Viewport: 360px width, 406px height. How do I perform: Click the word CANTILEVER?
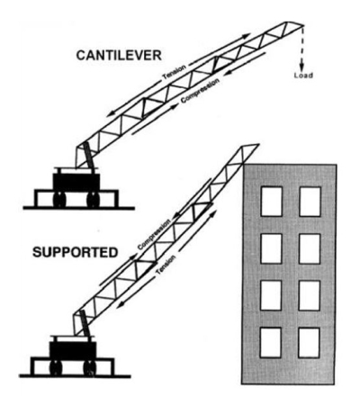point(119,56)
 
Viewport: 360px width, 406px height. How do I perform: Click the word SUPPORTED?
point(75,252)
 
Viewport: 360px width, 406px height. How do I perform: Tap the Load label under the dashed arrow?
point(303,76)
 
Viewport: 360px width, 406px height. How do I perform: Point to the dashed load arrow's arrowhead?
point(302,66)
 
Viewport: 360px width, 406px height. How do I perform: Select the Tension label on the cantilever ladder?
point(175,72)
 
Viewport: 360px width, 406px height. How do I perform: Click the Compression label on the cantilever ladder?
point(200,91)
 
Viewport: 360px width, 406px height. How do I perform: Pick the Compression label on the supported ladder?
point(155,234)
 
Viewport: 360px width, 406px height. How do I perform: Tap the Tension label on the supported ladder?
point(166,266)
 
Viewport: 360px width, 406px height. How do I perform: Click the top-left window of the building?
point(272,202)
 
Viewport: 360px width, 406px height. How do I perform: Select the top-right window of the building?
point(310,202)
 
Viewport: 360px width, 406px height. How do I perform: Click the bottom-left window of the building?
point(271,342)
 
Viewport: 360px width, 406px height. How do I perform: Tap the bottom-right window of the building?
point(309,342)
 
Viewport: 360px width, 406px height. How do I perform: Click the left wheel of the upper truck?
point(59,199)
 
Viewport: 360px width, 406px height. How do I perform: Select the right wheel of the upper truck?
point(93,199)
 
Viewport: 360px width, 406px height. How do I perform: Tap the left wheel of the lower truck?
point(56,367)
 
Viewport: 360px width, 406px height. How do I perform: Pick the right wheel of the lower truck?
point(90,367)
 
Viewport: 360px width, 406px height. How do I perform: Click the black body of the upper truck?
point(76,182)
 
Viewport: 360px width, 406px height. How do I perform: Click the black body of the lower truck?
point(73,350)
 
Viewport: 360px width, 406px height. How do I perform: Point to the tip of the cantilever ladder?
point(303,25)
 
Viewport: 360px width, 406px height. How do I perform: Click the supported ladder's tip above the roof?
point(258,145)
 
